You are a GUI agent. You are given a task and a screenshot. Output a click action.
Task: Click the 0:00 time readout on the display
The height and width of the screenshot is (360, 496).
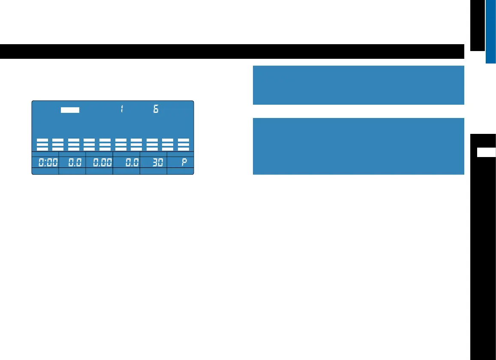click(45, 163)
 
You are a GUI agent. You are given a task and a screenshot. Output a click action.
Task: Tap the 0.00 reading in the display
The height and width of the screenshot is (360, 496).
click(99, 163)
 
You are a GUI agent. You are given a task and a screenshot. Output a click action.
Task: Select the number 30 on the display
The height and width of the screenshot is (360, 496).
click(153, 163)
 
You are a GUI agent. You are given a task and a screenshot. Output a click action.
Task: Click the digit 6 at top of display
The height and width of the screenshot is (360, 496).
click(156, 109)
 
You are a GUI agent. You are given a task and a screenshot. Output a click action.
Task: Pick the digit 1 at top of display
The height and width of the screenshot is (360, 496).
click(122, 109)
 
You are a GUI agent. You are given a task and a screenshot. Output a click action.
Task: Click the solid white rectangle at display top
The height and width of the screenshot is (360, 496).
click(70, 110)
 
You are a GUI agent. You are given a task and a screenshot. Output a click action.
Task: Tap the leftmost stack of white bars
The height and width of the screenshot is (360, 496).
click(42, 144)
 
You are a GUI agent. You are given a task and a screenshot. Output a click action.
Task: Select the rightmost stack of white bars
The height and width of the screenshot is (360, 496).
click(183, 144)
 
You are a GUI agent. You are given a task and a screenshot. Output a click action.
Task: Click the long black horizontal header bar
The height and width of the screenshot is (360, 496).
click(232, 51)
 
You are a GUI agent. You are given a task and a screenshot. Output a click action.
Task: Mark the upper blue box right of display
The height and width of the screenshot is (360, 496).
click(358, 85)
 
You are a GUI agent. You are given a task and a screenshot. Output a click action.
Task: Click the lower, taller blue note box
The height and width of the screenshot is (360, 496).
click(358, 146)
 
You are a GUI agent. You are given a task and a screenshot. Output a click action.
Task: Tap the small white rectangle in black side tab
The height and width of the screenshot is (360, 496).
click(487, 152)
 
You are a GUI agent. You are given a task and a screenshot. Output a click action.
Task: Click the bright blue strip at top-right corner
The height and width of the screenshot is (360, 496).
click(491, 31)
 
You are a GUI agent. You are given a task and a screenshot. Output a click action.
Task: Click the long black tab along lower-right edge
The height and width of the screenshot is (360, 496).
click(483, 257)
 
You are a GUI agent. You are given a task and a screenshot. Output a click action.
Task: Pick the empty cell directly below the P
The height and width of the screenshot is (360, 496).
click(180, 171)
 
